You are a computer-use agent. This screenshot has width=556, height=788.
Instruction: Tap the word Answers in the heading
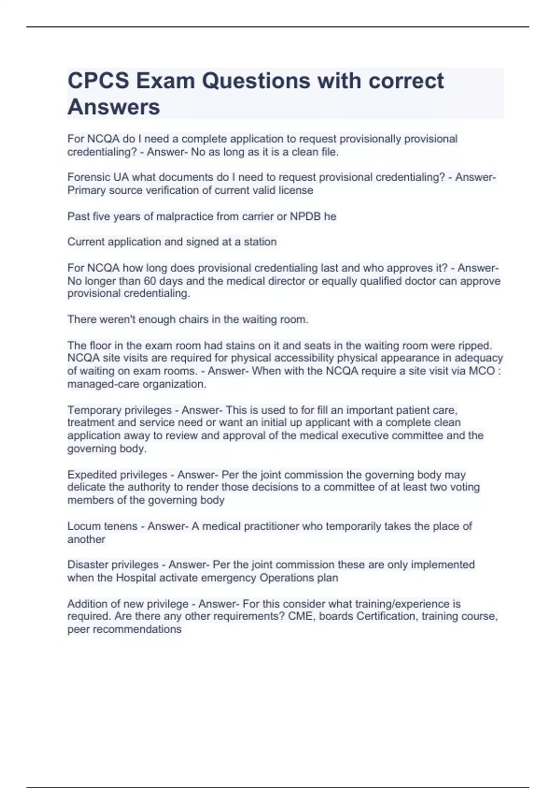[114, 107]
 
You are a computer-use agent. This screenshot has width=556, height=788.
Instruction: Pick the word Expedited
[94, 475]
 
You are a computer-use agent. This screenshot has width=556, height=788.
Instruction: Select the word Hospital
[136, 578]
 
